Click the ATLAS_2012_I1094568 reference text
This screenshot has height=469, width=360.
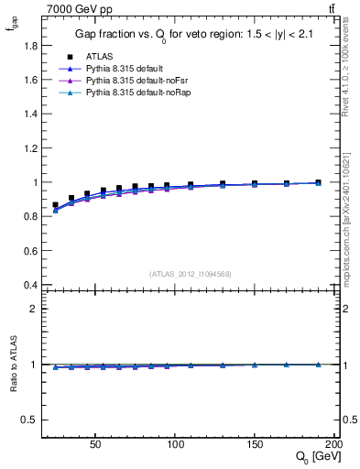tap(190, 274)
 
